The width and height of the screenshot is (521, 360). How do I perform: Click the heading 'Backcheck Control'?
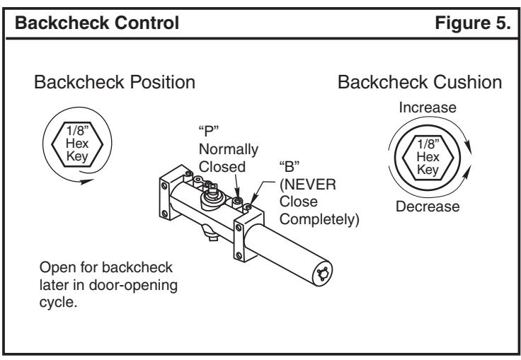tap(97, 23)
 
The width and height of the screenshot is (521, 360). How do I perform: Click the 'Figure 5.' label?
tap(472, 23)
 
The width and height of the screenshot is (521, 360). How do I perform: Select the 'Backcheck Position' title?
tap(115, 82)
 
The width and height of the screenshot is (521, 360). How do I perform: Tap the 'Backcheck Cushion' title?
tap(420, 82)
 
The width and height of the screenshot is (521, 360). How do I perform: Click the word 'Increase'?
tap(428, 108)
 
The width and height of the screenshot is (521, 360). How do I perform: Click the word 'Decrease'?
tap(428, 207)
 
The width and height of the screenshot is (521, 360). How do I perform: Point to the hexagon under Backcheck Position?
tap(77, 144)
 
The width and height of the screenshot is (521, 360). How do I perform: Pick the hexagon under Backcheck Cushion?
tap(428, 158)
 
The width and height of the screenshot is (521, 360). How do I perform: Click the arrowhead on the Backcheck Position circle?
tap(87, 181)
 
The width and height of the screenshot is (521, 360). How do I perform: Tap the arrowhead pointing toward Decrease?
tap(467, 172)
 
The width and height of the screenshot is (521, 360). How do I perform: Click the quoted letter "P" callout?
tap(208, 131)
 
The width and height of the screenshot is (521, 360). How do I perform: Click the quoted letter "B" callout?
tap(289, 166)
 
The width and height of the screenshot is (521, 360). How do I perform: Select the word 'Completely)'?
tap(319, 219)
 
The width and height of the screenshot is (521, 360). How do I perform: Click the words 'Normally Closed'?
tap(228, 158)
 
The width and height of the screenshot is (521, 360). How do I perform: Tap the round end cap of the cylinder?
tap(322, 274)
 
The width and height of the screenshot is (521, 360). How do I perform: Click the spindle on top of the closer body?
tap(212, 190)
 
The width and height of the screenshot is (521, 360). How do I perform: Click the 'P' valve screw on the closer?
tap(237, 201)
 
